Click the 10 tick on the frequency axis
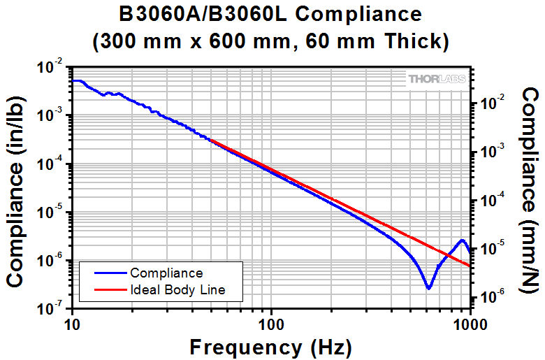(71, 324)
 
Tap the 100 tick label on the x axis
(270, 324)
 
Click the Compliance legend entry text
(166, 273)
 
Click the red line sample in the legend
(105, 289)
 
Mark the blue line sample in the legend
(105, 273)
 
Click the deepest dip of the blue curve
(429, 287)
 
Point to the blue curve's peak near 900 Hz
(462, 240)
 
